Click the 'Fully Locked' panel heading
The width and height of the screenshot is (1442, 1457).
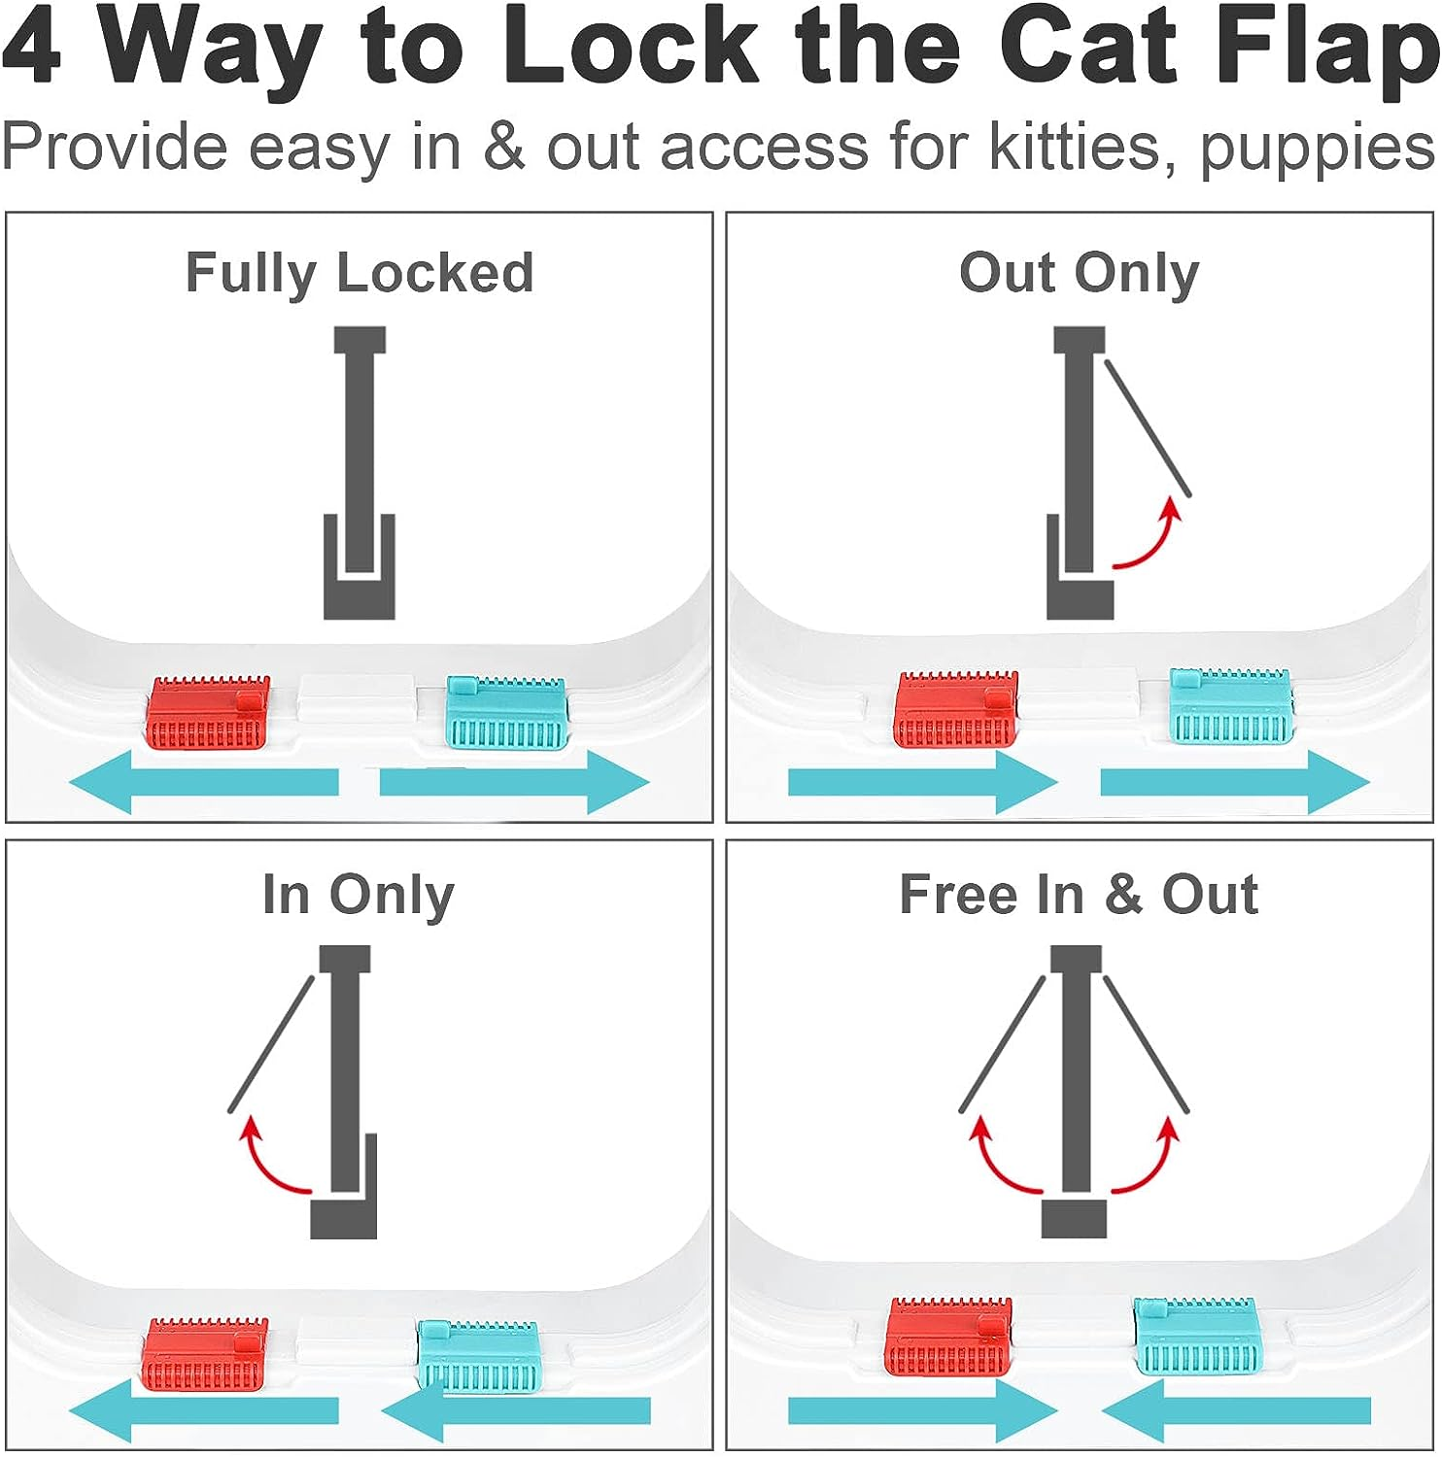360,273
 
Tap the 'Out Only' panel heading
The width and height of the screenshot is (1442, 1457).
1079,273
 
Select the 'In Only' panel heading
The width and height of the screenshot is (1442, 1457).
358,895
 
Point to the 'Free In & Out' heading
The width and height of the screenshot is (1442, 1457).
1079,895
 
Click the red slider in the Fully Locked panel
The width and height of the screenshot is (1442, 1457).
208,714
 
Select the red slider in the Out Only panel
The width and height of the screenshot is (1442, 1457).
956,709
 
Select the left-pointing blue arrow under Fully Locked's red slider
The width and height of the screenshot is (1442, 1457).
204,782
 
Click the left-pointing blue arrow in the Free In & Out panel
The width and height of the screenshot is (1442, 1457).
1236,1410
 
